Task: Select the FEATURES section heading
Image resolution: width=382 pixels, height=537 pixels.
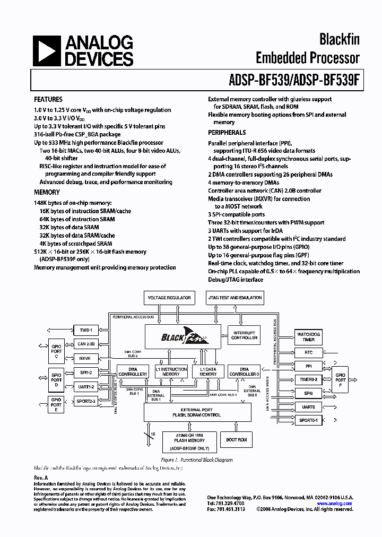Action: [x=48, y=99]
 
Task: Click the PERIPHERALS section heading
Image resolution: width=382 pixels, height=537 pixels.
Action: [x=227, y=132]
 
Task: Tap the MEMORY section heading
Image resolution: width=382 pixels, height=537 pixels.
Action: [x=47, y=192]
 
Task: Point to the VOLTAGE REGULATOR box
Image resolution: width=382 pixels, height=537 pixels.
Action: [x=169, y=298]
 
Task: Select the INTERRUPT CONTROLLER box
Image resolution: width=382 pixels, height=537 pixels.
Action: [x=244, y=335]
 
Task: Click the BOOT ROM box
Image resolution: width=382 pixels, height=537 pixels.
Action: [x=237, y=440]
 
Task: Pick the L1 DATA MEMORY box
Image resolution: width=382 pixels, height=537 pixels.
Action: [x=208, y=371]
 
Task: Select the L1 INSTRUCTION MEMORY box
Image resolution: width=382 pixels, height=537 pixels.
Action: [x=171, y=371]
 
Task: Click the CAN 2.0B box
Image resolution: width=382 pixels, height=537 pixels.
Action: [x=85, y=344]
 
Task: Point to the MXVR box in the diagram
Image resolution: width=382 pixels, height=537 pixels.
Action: [x=85, y=358]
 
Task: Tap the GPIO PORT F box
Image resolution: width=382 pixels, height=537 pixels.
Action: [x=340, y=380]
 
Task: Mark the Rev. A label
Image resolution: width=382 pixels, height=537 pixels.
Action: [x=41, y=478]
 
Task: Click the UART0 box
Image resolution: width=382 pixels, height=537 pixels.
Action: [x=308, y=407]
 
